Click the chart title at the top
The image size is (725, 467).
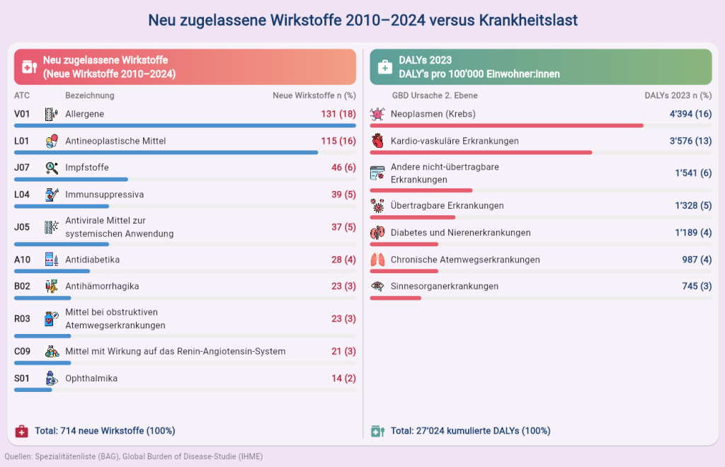(x=362, y=20)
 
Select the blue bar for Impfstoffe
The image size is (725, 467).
(x=71, y=180)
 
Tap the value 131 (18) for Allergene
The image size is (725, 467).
(x=338, y=114)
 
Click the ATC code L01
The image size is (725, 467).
(x=22, y=141)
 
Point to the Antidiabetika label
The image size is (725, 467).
(x=92, y=260)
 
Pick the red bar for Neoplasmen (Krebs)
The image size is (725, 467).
(x=506, y=125)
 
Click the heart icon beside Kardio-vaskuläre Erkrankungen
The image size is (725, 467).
(x=377, y=141)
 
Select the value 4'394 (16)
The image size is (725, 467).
(x=690, y=114)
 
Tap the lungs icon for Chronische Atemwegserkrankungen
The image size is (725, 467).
(x=377, y=260)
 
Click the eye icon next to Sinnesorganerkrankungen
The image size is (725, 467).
(x=377, y=287)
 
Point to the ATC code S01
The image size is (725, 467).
(x=22, y=379)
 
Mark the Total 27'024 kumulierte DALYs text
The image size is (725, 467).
(x=470, y=431)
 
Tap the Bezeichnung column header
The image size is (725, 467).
(x=89, y=96)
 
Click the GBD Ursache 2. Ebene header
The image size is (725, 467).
(x=435, y=96)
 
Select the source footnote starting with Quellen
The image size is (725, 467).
(x=134, y=457)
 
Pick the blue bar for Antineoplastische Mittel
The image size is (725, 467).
(x=166, y=152)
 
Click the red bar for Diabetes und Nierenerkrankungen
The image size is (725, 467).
(x=404, y=244)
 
